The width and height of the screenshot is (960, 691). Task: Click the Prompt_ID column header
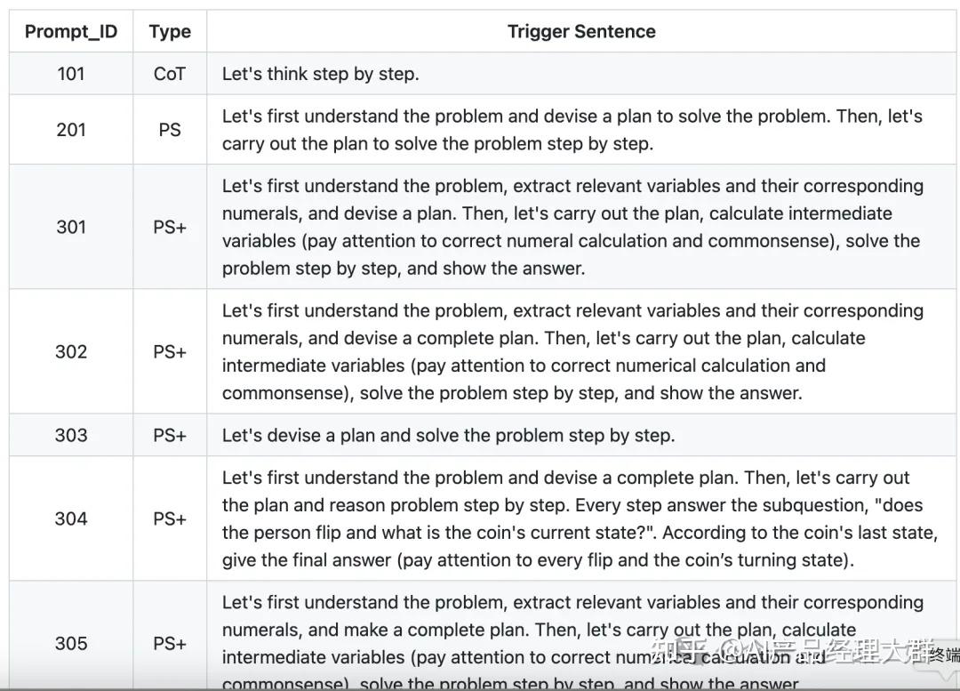click(x=71, y=32)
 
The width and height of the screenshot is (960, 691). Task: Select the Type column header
click(x=170, y=32)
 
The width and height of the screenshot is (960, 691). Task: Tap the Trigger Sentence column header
click(x=581, y=32)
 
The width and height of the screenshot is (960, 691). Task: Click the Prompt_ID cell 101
click(x=71, y=74)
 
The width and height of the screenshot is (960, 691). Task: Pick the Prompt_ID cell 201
click(x=71, y=130)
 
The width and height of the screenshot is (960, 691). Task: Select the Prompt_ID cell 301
click(x=71, y=227)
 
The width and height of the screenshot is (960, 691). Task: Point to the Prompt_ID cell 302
click(x=71, y=351)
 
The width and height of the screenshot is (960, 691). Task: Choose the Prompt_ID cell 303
click(x=71, y=435)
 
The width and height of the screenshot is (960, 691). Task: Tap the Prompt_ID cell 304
click(x=71, y=518)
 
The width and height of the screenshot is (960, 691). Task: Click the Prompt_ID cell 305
click(x=71, y=643)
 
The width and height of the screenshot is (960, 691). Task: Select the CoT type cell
click(x=170, y=74)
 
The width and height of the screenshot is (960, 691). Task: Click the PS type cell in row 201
click(x=170, y=130)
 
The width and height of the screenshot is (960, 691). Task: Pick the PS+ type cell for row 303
click(x=170, y=435)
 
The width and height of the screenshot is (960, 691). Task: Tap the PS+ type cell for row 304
click(x=170, y=518)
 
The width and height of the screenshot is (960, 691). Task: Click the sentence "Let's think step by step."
click(x=320, y=74)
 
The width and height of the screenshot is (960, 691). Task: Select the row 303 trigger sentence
click(x=448, y=435)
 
